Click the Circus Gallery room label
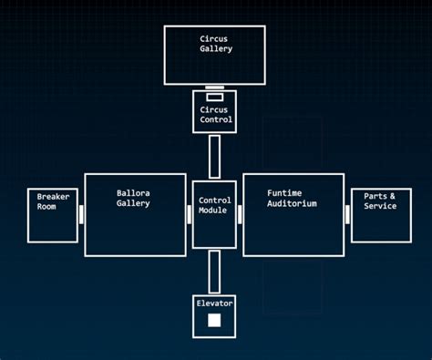215,44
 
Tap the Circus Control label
215,114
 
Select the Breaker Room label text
46,201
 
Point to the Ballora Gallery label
133,198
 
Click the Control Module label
213,205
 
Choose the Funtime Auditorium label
292,199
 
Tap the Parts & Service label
380,201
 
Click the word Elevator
214,303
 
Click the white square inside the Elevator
214,320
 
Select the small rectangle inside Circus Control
214,97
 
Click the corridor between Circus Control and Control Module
214,156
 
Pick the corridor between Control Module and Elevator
214,272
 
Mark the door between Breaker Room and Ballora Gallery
81,214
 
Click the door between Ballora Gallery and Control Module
189,214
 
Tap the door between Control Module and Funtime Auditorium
240,214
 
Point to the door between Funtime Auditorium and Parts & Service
347,214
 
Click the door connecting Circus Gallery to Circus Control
214,87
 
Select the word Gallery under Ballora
133,203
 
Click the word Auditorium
292,204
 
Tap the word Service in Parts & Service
380,207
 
